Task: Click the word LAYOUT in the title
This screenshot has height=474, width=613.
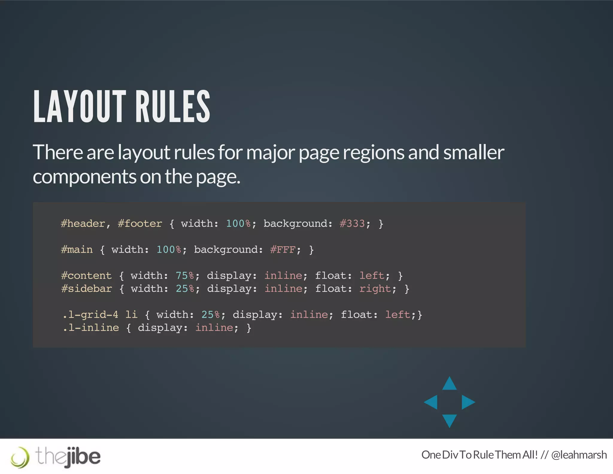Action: pyautogui.click(x=80, y=107)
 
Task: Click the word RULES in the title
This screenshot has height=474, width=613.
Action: pyautogui.click(x=173, y=107)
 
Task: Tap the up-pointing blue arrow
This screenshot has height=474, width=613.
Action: pyautogui.click(x=449, y=384)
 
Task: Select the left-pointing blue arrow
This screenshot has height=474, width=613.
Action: pyautogui.click(x=431, y=402)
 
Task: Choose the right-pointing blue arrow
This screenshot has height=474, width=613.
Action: pyautogui.click(x=468, y=402)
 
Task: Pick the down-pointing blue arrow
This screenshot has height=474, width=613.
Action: pyautogui.click(x=449, y=420)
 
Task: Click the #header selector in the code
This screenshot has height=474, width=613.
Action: pyautogui.click(x=83, y=224)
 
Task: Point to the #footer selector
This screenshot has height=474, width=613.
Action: pyautogui.click(x=140, y=224)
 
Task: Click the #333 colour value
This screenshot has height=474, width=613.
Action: pyautogui.click(x=352, y=224)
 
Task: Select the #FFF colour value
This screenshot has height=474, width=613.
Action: pyautogui.click(x=283, y=250)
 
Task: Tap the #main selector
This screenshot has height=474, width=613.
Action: pyautogui.click(x=77, y=250)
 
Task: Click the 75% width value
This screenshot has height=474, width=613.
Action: pyautogui.click(x=185, y=276)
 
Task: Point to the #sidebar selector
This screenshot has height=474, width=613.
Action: pyautogui.click(x=87, y=289)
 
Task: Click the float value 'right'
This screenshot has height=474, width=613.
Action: pyautogui.click(x=375, y=289)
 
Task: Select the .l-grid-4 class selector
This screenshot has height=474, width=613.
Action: pyautogui.click(x=90, y=315)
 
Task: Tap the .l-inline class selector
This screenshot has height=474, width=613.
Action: pyautogui.click(x=91, y=327)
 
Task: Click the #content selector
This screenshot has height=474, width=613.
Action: pyautogui.click(x=86, y=276)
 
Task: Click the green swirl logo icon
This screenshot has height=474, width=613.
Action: pyautogui.click(x=20, y=457)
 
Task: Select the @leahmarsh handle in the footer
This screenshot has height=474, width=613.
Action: pyautogui.click(x=579, y=455)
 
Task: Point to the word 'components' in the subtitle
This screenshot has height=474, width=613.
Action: pyautogui.click(x=84, y=177)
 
